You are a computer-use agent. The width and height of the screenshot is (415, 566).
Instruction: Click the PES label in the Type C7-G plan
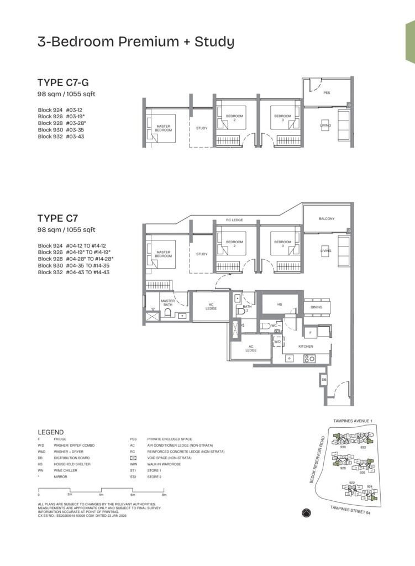point(327,93)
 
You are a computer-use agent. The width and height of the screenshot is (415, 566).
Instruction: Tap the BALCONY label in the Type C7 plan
point(327,218)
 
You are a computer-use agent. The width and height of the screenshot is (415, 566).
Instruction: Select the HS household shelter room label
point(280,304)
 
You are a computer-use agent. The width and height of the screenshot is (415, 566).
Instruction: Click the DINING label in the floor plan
point(317,307)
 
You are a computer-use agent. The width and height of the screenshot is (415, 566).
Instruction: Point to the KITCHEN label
point(306,346)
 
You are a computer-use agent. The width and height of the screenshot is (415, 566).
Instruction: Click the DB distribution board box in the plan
point(323,381)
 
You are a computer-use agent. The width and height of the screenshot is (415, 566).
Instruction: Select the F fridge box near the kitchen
point(311,333)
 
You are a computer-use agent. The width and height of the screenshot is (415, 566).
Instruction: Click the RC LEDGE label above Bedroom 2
point(234,220)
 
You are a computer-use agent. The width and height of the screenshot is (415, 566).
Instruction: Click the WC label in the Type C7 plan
point(274,326)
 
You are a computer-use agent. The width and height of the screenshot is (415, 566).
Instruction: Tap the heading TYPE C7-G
point(61,83)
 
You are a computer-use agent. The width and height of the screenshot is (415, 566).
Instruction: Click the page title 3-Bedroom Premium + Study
point(136,41)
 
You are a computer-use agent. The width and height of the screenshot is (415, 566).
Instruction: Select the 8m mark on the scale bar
point(164,495)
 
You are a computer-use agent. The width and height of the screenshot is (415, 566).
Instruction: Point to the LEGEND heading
point(50,432)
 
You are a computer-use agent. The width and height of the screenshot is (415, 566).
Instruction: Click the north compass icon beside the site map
point(307,513)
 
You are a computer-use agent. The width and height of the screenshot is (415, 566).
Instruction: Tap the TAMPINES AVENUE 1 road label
point(353,421)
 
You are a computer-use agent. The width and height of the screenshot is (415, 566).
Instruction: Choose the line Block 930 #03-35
point(61,129)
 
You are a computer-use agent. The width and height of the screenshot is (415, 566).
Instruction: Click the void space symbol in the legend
point(133,458)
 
